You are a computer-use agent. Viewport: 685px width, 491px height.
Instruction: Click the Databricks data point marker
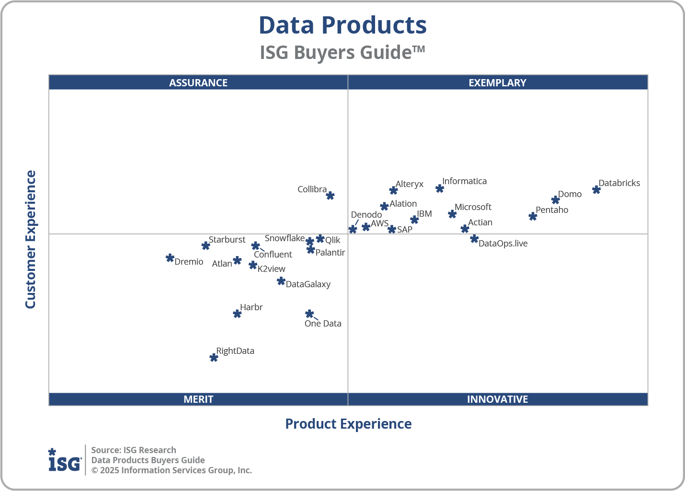pyautogui.click(x=596, y=190)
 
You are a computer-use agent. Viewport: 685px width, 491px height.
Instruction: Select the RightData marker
pyautogui.click(x=214, y=358)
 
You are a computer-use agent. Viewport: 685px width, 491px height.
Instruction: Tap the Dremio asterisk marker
pyautogui.click(x=170, y=258)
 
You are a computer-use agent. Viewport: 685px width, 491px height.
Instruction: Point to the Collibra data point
pyautogui.click(x=330, y=195)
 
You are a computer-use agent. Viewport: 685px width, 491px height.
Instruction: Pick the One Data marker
pyautogui.click(x=309, y=314)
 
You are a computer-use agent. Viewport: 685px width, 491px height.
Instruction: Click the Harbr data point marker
pyautogui.click(x=237, y=314)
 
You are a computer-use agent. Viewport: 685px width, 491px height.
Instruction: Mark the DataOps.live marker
pyautogui.click(x=474, y=238)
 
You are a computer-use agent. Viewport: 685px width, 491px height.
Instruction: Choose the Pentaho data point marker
pyautogui.click(x=533, y=216)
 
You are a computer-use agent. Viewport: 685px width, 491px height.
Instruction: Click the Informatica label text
pyautogui.click(x=464, y=181)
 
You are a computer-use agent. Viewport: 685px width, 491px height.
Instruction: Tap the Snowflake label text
pyautogui.click(x=285, y=238)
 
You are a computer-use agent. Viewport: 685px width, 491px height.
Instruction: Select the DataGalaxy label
pyautogui.click(x=308, y=284)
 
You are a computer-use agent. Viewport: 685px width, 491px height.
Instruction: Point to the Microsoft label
pyautogui.click(x=473, y=207)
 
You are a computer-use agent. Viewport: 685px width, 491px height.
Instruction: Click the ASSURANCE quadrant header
pyautogui.click(x=198, y=82)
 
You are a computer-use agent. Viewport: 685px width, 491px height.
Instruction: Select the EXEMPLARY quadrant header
pyautogui.click(x=497, y=82)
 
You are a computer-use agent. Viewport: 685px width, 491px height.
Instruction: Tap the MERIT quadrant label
pyautogui.click(x=198, y=399)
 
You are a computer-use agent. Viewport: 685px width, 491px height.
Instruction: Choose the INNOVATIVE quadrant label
pyautogui.click(x=497, y=399)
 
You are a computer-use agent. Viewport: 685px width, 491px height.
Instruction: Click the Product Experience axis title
pyautogui.click(x=348, y=424)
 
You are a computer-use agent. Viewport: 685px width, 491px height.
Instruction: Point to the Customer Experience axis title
pyautogui.click(x=31, y=240)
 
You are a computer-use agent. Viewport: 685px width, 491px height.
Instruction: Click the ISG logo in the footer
pyautogui.click(x=65, y=461)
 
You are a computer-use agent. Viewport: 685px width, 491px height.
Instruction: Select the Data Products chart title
pyautogui.click(x=342, y=25)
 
